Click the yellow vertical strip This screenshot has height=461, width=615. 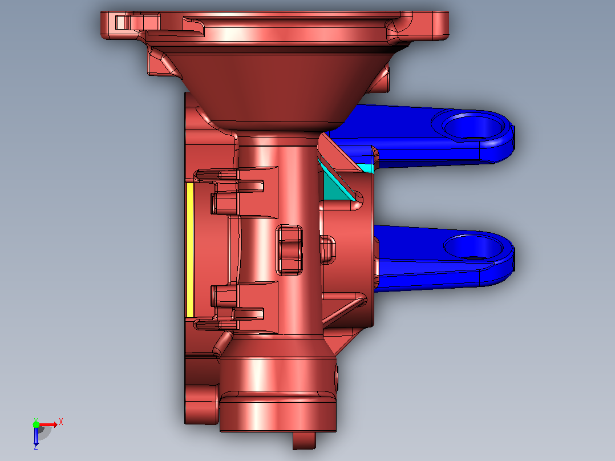click(x=190, y=250)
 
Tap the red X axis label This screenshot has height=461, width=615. click(x=61, y=422)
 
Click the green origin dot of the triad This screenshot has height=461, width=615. click(x=36, y=424)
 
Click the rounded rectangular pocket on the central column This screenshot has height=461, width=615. click(x=289, y=250)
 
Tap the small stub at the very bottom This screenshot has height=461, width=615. click(x=305, y=440)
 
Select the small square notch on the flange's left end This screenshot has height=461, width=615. click(x=120, y=22)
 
